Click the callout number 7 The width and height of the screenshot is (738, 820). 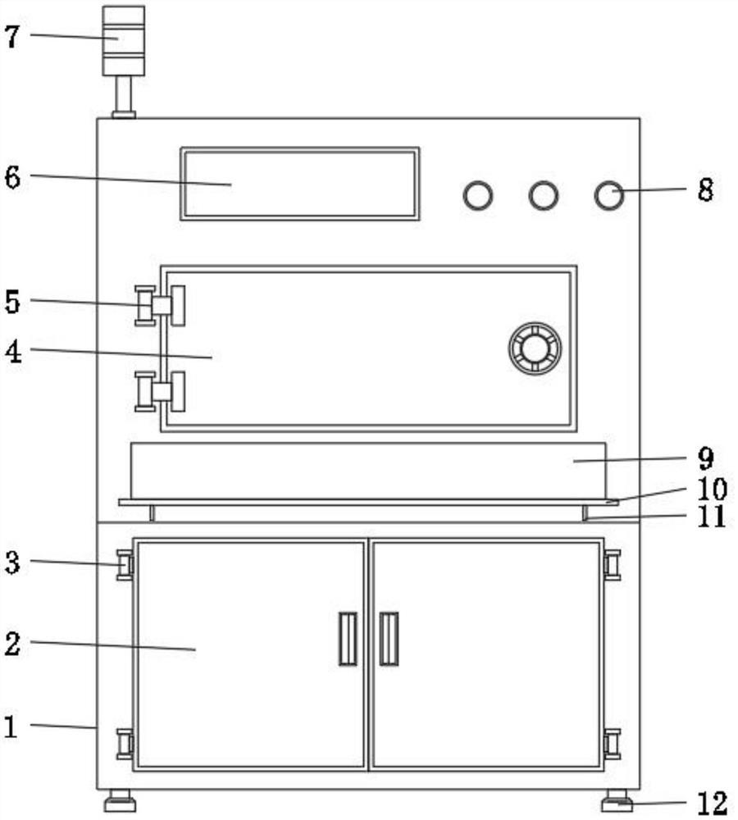click(11, 38)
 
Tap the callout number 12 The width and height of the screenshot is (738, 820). click(713, 803)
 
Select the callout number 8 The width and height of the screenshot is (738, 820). click(705, 190)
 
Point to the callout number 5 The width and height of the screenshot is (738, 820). click(12, 302)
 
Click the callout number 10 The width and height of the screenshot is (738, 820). click(712, 489)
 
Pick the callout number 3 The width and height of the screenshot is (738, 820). click(12, 563)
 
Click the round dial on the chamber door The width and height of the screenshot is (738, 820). click(535, 348)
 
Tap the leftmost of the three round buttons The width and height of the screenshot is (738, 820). click(477, 196)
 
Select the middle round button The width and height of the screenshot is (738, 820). click(544, 196)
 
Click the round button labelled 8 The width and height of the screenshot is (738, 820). click(608, 196)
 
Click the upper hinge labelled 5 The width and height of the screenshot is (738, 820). click(160, 306)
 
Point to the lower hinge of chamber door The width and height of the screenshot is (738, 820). click(160, 392)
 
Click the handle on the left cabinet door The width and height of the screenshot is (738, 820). click(348, 639)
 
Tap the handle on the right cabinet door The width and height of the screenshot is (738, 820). click(389, 639)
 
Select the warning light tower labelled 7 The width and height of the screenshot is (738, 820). click(124, 62)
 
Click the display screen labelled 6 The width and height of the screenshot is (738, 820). click(299, 184)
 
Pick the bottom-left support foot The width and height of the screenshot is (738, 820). click(120, 800)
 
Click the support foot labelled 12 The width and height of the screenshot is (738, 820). click(617, 800)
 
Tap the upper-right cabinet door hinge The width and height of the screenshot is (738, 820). click(612, 565)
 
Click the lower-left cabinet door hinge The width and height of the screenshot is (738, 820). click(125, 744)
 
